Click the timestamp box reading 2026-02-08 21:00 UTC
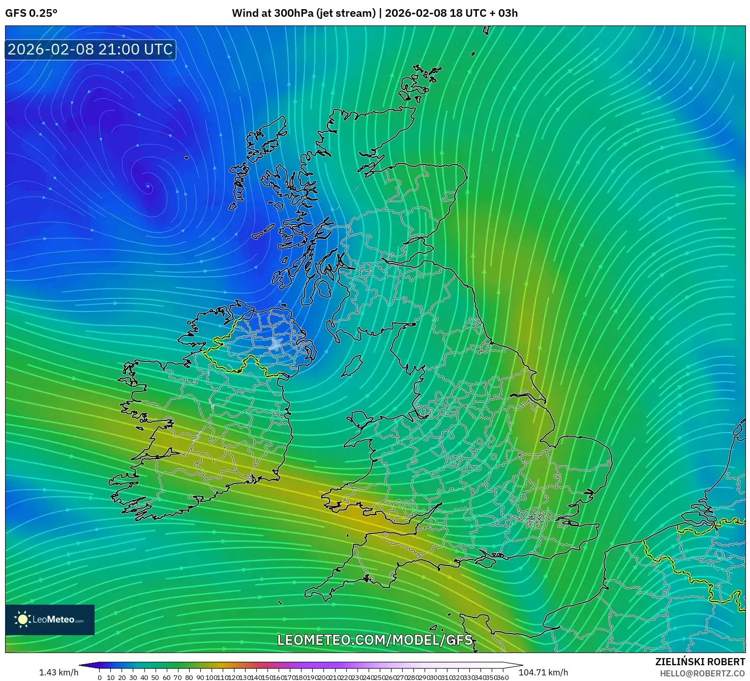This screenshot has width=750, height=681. (x=91, y=49)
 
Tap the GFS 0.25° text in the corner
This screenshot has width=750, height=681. (x=31, y=13)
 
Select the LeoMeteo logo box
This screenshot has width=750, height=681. (x=50, y=619)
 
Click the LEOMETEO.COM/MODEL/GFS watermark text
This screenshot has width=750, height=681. (x=375, y=640)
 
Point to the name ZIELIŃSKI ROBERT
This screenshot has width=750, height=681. (x=700, y=662)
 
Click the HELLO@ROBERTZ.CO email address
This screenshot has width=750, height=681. (x=702, y=673)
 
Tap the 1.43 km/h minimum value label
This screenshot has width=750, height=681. (x=58, y=672)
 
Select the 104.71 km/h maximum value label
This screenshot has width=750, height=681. (x=543, y=672)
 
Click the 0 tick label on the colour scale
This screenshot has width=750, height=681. (x=100, y=677)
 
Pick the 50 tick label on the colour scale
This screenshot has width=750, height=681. (x=155, y=677)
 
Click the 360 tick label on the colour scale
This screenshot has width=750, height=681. (x=502, y=677)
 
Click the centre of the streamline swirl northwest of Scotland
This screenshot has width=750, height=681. (x=148, y=186)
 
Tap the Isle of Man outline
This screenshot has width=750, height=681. (x=352, y=366)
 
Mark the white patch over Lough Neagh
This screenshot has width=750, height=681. (x=276, y=344)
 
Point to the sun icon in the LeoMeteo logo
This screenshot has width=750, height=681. (x=22, y=619)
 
